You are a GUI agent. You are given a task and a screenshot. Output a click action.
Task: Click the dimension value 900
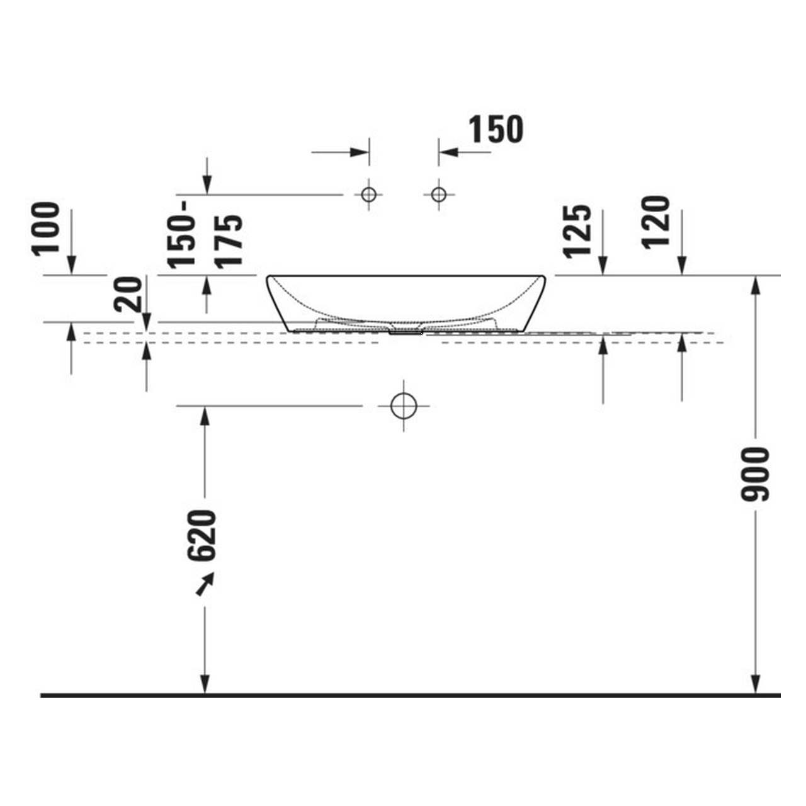(754, 474)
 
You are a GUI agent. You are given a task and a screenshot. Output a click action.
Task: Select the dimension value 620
(201, 535)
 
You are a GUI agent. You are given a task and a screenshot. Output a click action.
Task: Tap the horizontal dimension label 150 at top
(496, 129)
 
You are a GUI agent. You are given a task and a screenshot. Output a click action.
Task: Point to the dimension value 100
(45, 229)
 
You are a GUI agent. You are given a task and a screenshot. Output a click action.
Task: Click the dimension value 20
(128, 294)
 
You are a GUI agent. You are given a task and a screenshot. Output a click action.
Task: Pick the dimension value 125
(577, 231)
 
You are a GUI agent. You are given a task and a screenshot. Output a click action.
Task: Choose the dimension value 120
(656, 222)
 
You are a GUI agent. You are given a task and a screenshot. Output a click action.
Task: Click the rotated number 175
(229, 241)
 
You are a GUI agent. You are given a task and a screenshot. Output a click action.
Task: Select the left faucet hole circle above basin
(368, 195)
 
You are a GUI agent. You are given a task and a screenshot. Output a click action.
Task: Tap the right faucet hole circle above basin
(438, 195)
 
